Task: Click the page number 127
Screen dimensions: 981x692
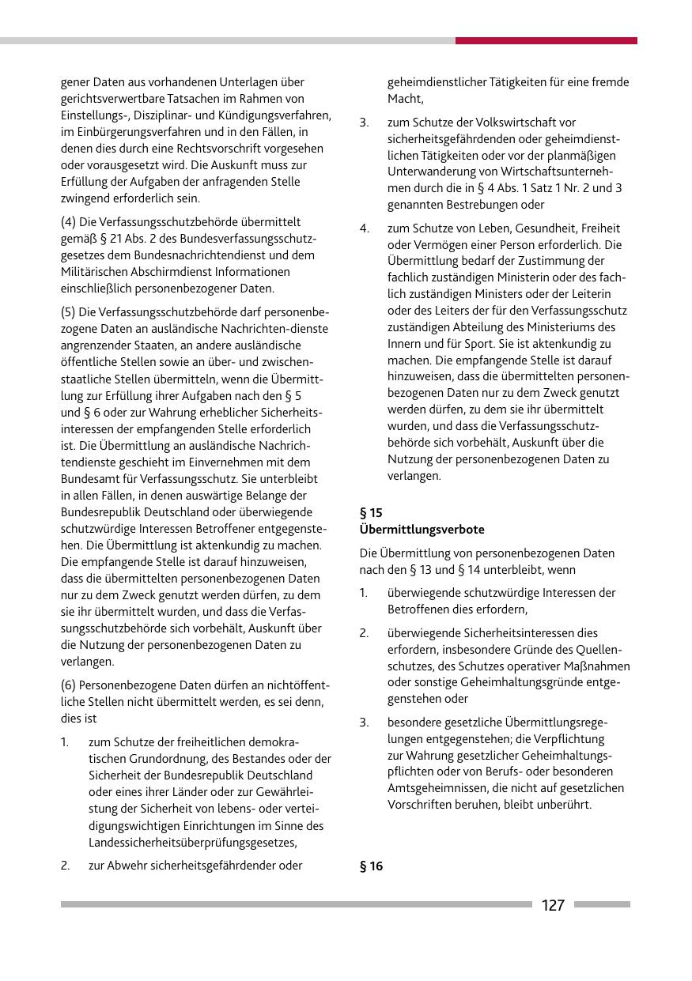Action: click(x=553, y=905)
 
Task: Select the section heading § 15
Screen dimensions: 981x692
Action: click(x=371, y=512)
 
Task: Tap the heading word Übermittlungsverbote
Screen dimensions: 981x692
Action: click(x=422, y=529)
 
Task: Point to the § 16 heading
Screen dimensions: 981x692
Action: click(x=371, y=866)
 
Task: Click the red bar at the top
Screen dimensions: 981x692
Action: click(x=546, y=40)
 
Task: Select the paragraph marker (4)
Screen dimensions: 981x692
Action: click(x=70, y=222)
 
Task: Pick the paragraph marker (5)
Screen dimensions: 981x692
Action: click(x=70, y=311)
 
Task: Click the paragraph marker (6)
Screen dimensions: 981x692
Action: click(x=70, y=685)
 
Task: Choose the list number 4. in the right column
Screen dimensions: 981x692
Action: click(x=365, y=228)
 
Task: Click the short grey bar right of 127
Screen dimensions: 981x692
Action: click(x=602, y=904)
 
